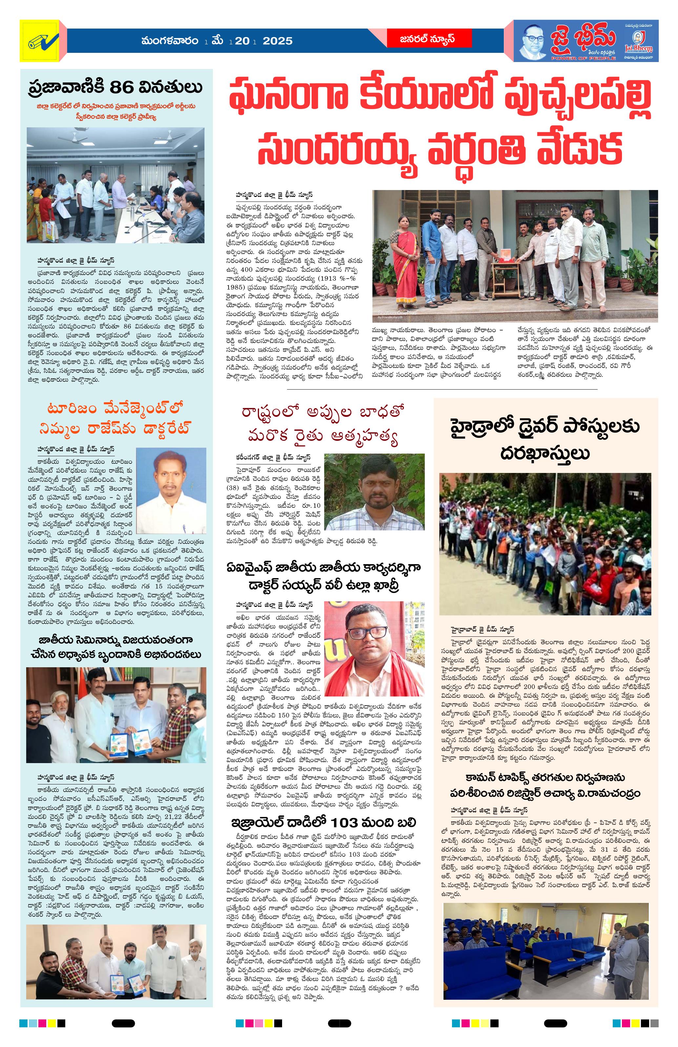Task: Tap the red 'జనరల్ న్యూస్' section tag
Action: click(421, 39)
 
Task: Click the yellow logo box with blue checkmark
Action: click(43, 43)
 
